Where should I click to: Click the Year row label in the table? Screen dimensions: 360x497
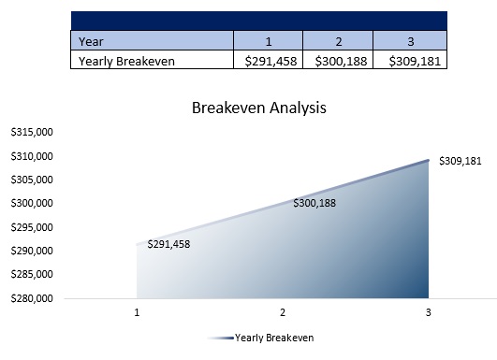(91, 40)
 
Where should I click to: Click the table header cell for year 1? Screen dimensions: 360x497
(268, 40)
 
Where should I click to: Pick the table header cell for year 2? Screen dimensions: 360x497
(338, 40)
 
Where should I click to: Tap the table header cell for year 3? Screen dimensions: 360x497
(409, 40)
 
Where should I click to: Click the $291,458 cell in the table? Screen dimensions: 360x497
(268, 61)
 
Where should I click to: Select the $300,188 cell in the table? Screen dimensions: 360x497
(338, 61)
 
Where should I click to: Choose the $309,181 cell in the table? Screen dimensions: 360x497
(409, 61)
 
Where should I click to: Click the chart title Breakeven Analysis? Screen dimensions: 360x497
(258, 108)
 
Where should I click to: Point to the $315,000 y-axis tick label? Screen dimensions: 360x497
(31, 133)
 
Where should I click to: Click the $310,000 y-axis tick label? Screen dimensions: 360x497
(31, 156)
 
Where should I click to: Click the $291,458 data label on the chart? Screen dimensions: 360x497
(168, 245)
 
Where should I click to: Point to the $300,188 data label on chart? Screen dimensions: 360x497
(315, 202)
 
